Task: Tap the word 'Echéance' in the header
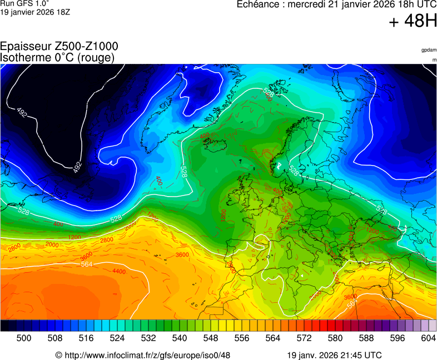259,4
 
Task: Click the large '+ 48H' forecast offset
412,22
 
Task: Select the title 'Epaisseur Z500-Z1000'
59,47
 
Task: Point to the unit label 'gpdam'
429,50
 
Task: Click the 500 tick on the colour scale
24,337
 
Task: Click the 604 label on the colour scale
428,337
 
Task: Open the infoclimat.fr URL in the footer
147,355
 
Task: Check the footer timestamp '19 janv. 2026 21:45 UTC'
334,355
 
